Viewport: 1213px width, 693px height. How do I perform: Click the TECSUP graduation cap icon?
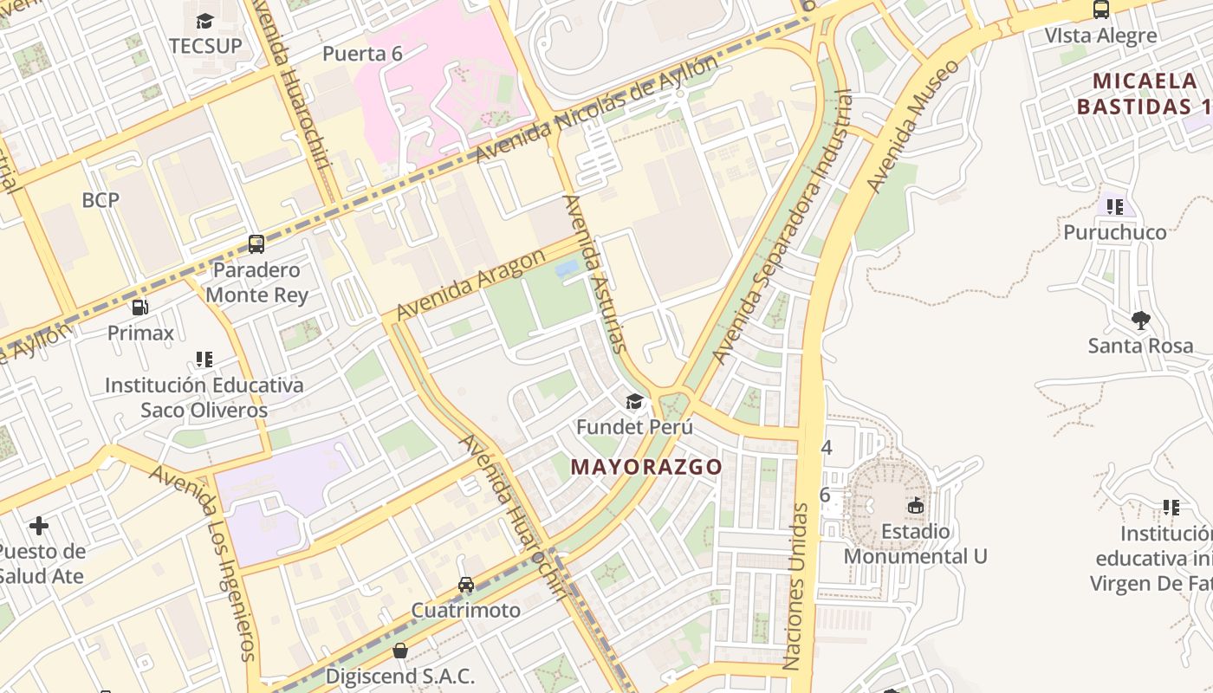204,21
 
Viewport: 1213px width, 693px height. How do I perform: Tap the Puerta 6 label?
362,54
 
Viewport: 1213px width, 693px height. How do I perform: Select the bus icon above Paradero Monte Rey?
256,244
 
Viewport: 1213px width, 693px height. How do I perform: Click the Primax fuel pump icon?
139,308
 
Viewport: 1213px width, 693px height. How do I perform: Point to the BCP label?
101,200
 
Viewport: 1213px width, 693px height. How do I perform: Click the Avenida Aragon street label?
471,284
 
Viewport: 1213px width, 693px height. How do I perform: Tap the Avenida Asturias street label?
594,273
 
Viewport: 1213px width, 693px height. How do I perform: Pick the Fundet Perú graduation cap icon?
635,401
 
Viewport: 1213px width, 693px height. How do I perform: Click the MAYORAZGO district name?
645,467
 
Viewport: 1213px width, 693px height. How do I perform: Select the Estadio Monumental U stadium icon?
916,505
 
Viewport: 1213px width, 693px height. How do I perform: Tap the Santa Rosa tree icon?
1140,321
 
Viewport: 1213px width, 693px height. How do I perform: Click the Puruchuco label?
1114,232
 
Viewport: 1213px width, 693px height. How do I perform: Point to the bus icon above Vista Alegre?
1100,10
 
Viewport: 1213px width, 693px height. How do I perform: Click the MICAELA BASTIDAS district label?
1144,94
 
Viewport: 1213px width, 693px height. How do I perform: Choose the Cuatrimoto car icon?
466,585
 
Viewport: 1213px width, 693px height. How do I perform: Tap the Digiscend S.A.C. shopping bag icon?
400,651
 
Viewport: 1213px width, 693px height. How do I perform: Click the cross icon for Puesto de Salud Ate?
39,526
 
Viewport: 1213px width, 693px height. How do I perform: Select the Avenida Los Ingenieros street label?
207,562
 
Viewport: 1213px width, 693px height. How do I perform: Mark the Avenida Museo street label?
913,126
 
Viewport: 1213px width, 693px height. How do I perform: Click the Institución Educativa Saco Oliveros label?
204,397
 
